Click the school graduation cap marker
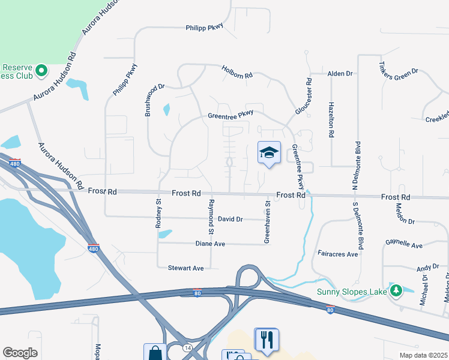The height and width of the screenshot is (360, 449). pos(269,154)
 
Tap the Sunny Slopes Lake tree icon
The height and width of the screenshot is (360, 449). pos(395,291)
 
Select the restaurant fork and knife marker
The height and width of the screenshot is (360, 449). pos(267,340)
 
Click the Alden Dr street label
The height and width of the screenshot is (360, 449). pos(340,73)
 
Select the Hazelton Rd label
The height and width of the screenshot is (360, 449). pos(331,119)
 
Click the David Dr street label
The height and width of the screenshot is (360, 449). pos(230,219)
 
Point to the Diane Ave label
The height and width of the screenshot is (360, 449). pos(210,244)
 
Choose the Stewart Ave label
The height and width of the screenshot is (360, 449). pos(186,268)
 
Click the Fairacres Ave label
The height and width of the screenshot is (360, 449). pos(337,254)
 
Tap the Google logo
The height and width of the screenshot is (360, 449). pos(20,353)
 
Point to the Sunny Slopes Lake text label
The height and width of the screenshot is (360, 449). pos(351,293)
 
